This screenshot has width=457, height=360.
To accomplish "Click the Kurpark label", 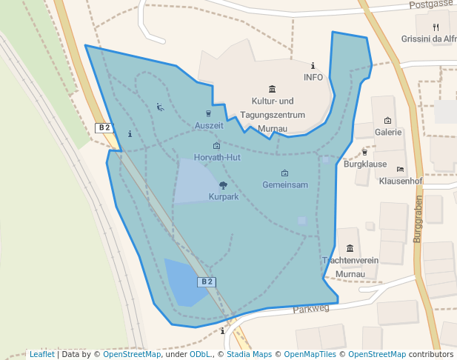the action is pos(224,197).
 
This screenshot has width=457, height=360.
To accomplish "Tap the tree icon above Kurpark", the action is pos(224,185).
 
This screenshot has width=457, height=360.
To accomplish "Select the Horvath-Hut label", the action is pos(216,158).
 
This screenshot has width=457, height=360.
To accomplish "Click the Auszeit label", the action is pos(209,126).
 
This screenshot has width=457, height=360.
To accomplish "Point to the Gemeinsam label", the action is pos(285,185).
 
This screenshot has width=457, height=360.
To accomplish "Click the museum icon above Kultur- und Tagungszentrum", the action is pos(272,89).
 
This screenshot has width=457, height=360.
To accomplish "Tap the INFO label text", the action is pos(313,77).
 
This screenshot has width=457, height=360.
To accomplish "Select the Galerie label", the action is pos(387,133).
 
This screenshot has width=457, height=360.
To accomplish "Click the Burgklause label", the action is pos(365,164).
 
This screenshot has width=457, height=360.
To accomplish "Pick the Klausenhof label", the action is pos(401,181).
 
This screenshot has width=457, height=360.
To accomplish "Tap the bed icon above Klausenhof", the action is pos(401,170).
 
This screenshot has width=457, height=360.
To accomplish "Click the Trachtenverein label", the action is pos(350,261).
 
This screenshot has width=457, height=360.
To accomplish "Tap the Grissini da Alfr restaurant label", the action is pos(429,39).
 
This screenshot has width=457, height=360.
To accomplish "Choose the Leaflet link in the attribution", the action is pos(41,355).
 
